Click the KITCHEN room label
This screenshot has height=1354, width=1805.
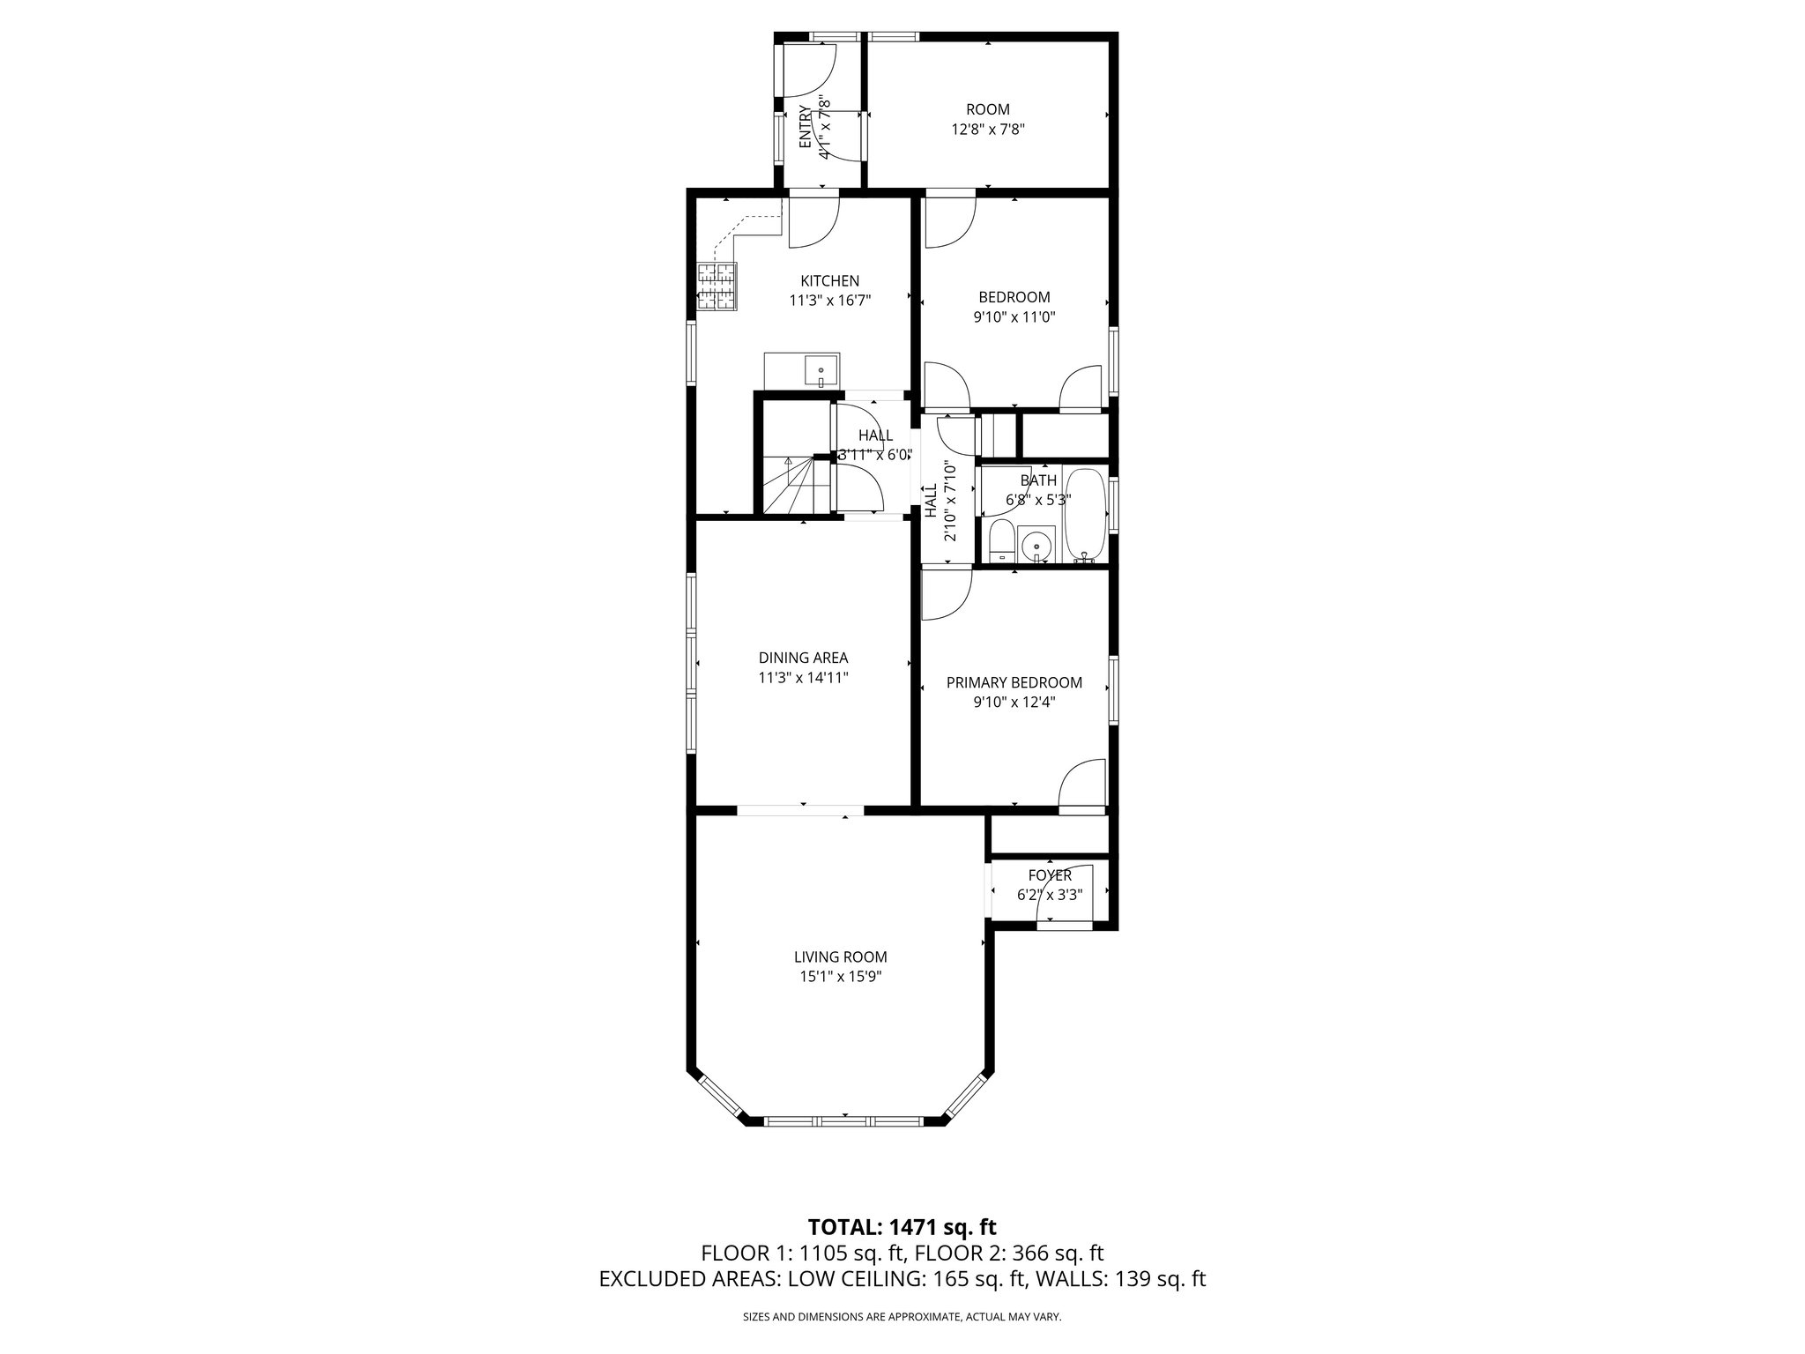point(829,281)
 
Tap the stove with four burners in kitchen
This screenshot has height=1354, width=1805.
point(717,286)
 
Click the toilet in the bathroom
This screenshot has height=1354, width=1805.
point(1001,541)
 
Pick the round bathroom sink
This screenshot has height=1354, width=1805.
point(1038,547)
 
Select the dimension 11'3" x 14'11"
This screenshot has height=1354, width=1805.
point(803,678)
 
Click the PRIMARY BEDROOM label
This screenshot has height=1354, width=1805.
point(1014,682)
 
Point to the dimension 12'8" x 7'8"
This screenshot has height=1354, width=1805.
point(987,129)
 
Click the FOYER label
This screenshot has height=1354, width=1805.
point(1050,875)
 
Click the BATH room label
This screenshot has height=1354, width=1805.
point(1038,480)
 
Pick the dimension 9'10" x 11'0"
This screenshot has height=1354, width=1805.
point(1014,316)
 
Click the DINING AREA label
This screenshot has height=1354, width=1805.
point(803,658)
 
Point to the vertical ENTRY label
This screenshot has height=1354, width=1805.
point(805,127)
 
